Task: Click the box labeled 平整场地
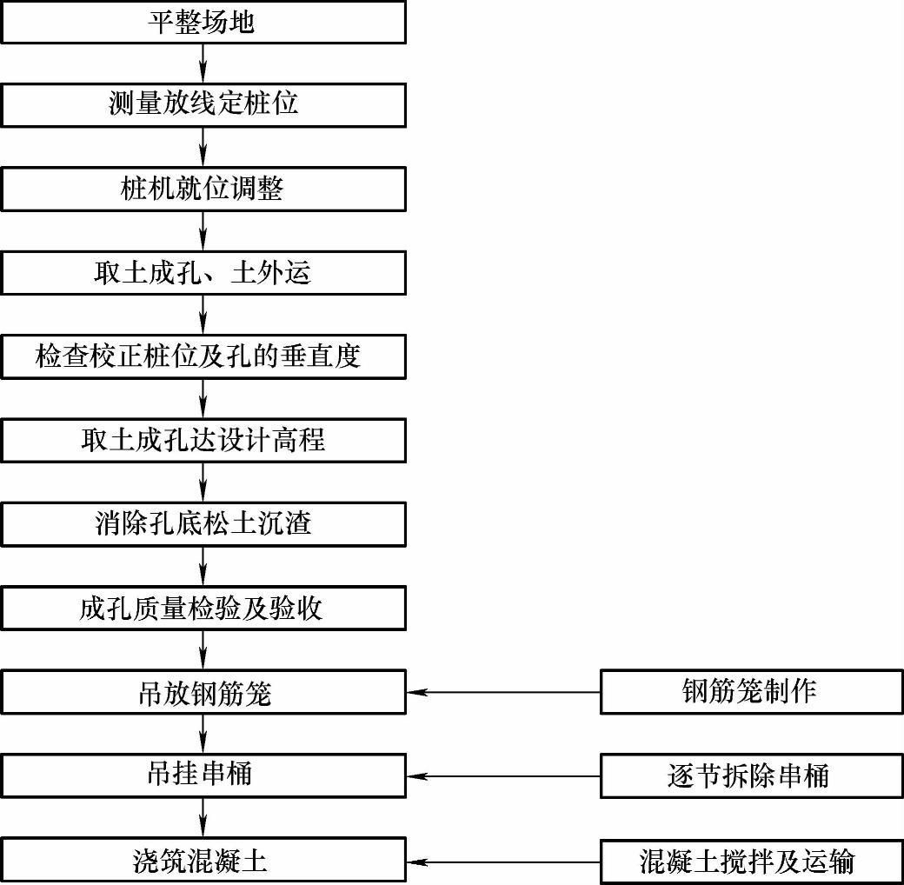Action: click(x=203, y=22)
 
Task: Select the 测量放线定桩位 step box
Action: click(x=203, y=104)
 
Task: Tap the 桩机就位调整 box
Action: click(x=203, y=189)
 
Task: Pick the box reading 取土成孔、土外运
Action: click(x=203, y=273)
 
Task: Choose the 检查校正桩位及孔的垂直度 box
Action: click(x=203, y=356)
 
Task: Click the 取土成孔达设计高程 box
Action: click(x=203, y=440)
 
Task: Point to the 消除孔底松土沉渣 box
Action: click(x=203, y=523)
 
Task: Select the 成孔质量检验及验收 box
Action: click(x=203, y=608)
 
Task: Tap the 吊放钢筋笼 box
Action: click(x=203, y=692)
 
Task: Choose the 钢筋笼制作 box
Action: click(x=751, y=692)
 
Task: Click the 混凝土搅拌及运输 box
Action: click(x=751, y=861)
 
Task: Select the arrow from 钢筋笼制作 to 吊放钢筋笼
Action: click(x=503, y=693)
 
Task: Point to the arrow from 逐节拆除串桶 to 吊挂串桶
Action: click(x=503, y=776)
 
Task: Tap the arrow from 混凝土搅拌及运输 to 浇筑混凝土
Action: click(x=503, y=862)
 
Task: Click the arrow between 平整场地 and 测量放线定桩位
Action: click(x=203, y=63)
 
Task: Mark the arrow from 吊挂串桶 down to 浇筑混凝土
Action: click(x=203, y=817)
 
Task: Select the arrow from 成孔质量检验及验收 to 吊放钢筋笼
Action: click(x=203, y=649)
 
